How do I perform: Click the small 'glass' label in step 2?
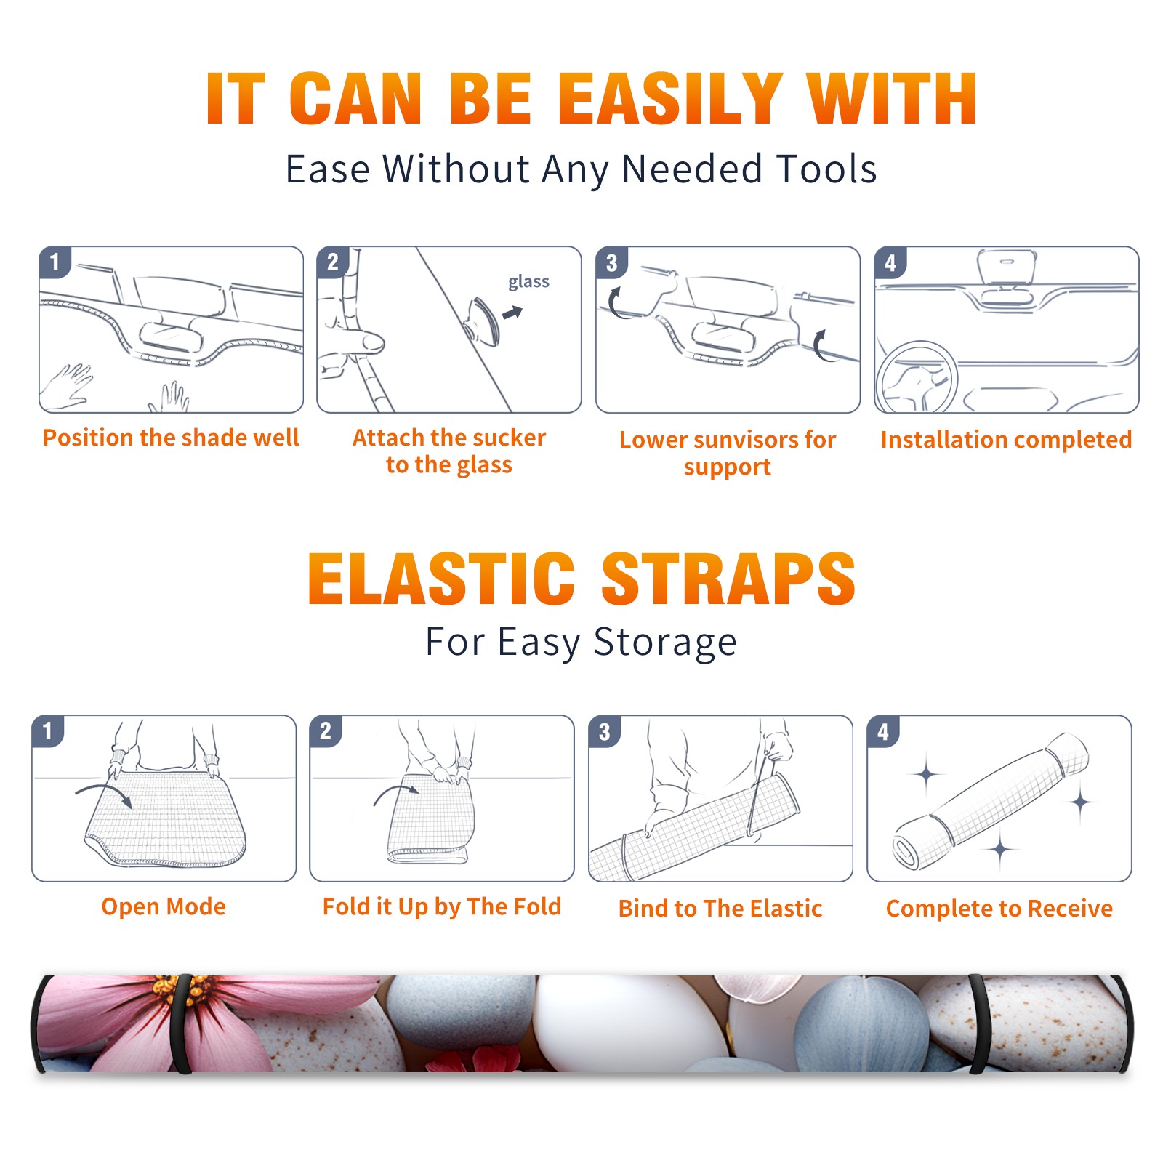[x=528, y=281]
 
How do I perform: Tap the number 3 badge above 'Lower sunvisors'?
[x=612, y=262]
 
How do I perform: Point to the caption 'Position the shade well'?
[x=171, y=438]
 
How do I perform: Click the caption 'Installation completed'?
[x=1006, y=440]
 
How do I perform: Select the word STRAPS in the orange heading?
[x=728, y=579]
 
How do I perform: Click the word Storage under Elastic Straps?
[x=665, y=643]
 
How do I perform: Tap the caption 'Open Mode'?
[x=164, y=906]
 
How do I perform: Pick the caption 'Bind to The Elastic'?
[x=720, y=909]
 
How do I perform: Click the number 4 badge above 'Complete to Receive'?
[x=883, y=731]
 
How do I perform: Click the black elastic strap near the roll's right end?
[x=979, y=1024]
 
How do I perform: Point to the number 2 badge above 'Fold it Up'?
[x=326, y=731]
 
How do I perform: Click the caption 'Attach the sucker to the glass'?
[x=449, y=451]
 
